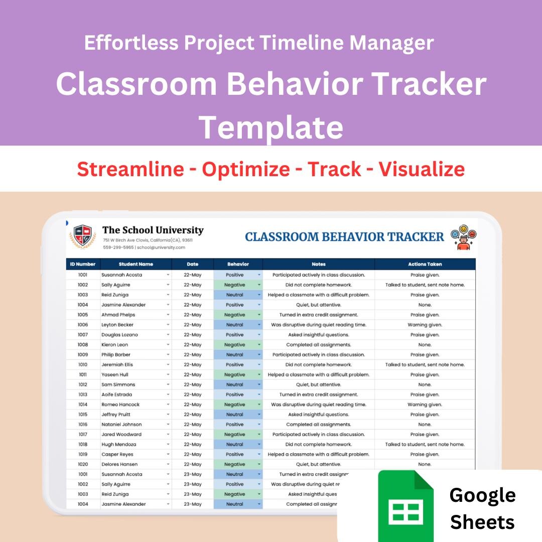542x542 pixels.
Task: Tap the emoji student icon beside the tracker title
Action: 463,237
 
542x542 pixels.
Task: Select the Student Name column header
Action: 136,264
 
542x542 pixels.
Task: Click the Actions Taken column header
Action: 425,264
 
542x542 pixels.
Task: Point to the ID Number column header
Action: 83,264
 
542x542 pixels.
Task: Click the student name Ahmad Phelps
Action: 117,315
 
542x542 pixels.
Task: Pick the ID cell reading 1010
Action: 83,365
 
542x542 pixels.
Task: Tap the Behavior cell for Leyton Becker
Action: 235,325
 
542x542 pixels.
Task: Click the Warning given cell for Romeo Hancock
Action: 425,404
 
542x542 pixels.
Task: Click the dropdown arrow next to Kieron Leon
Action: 168,345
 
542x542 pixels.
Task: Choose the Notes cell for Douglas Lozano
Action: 318,335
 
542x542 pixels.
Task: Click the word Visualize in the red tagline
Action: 422,169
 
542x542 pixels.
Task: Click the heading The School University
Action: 153,230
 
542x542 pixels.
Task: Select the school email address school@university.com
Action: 161,247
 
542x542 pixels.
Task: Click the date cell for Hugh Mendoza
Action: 193,444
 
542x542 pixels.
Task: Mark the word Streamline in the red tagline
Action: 130,169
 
